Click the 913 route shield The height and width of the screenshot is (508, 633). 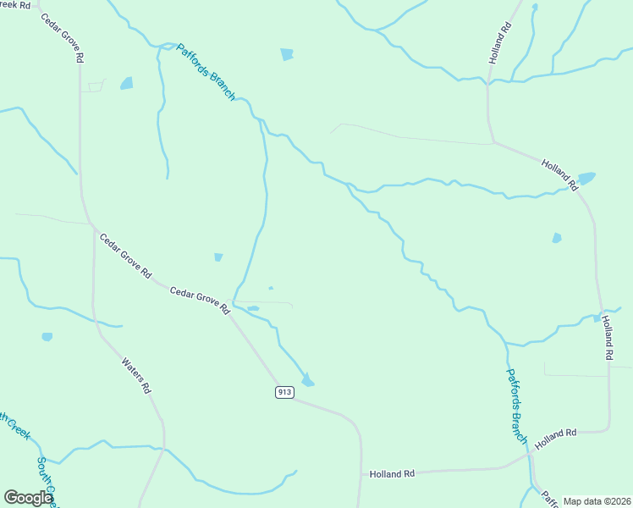pyautogui.click(x=283, y=392)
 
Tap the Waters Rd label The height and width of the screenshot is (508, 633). pyautogui.click(x=136, y=376)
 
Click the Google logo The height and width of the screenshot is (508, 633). pyautogui.click(x=27, y=499)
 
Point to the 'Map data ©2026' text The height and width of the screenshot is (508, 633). pyautogui.click(x=596, y=501)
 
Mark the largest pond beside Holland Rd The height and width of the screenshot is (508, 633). pyautogui.click(x=586, y=179)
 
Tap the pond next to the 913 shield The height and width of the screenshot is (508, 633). pyautogui.click(x=307, y=381)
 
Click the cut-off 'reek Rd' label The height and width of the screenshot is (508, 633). pyautogui.click(x=16, y=4)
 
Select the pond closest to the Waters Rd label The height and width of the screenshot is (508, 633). pyautogui.click(x=47, y=337)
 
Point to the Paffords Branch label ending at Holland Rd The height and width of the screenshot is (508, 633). pyautogui.click(x=516, y=406)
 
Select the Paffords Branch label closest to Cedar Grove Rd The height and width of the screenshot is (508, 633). pyautogui.click(x=206, y=72)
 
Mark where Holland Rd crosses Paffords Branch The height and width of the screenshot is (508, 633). pyautogui.click(x=530, y=454)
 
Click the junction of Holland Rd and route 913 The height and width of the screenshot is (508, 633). pyautogui.click(x=361, y=473)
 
